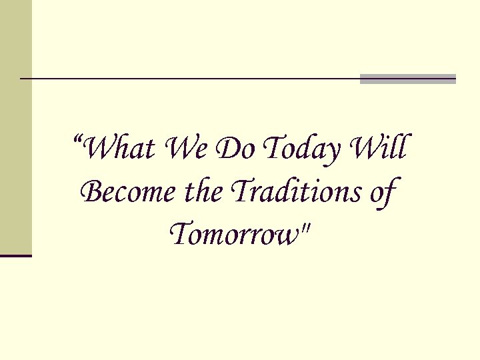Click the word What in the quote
(121, 149)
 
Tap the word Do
(233, 149)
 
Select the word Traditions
(291, 193)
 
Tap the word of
(381, 194)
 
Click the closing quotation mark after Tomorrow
(306, 229)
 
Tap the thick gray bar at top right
(408, 79)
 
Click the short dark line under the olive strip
(16, 255)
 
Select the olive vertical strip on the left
(15, 127)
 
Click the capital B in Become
(91, 193)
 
